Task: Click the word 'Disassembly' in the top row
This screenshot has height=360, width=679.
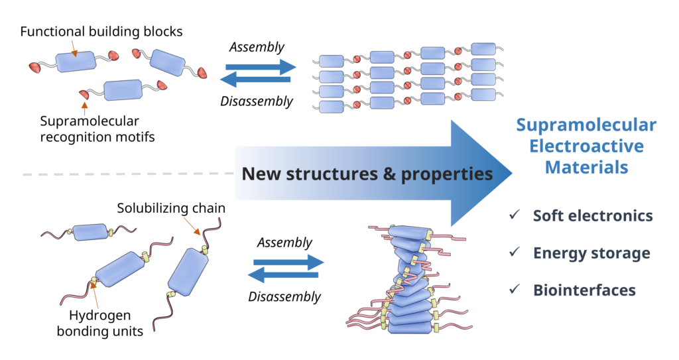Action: click(256, 101)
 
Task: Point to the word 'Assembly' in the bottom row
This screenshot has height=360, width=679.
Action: click(284, 242)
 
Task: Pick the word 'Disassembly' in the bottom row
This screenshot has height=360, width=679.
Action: click(284, 296)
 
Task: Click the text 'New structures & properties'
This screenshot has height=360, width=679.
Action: click(367, 174)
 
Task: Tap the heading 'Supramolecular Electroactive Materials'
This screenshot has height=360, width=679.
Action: click(586, 147)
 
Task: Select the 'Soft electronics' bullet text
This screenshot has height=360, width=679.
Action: click(593, 215)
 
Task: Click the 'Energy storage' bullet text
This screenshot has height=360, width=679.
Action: click(591, 253)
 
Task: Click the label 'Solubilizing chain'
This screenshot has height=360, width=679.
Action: click(171, 208)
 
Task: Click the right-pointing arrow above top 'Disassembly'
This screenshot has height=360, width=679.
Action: click(261, 67)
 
